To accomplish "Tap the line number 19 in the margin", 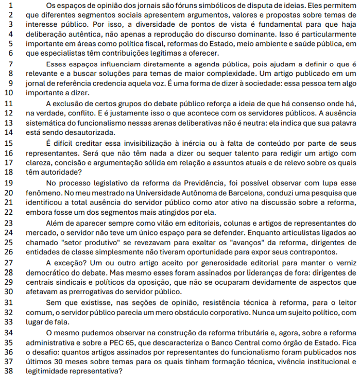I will (x=10, y=183).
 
